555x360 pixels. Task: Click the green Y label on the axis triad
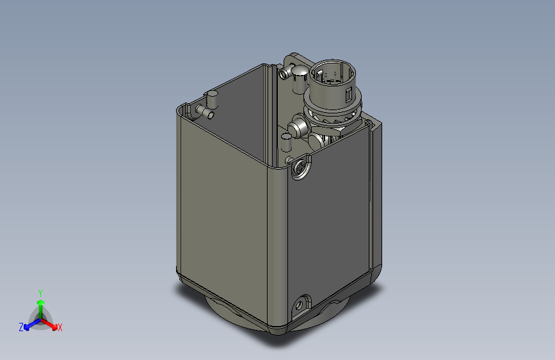coord(40,291)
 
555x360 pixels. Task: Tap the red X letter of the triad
coord(60,327)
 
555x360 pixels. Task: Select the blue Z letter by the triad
coord(20,327)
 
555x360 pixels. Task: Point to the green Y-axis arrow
coord(40,305)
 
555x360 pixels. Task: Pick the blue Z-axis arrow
coord(29,323)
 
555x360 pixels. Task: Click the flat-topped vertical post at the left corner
coord(212,101)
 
